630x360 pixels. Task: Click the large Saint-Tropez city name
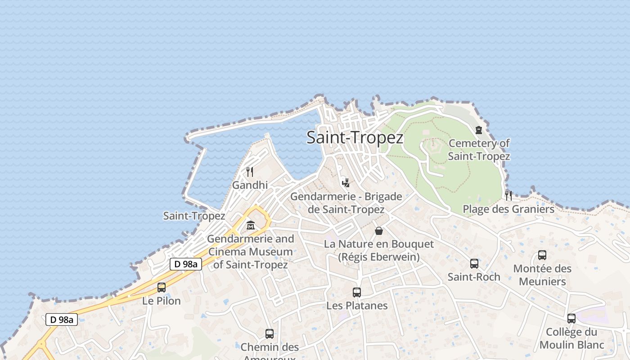(355, 138)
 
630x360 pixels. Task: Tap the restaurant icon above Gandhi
(250, 171)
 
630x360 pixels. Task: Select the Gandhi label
(250, 185)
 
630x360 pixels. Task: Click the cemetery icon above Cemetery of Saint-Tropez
(479, 130)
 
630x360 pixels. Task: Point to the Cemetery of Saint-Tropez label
(479, 150)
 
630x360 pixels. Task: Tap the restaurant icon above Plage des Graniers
(508, 195)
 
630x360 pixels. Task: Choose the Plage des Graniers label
(508, 209)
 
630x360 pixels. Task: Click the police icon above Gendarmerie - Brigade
(346, 182)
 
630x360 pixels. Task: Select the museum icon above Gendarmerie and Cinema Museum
(251, 225)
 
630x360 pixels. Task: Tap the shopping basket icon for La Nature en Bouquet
(379, 231)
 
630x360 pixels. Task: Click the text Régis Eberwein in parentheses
(379, 257)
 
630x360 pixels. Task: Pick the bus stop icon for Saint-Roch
(474, 264)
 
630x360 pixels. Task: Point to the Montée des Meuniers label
(542, 275)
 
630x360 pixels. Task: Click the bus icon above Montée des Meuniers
(542, 255)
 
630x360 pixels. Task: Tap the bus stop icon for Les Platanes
(357, 292)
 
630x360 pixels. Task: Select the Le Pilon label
(161, 301)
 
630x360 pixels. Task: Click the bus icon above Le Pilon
(161, 287)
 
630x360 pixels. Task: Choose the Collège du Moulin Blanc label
(571, 338)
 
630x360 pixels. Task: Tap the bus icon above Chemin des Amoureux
(270, 334)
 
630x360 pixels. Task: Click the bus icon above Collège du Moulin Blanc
(571, 319)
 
